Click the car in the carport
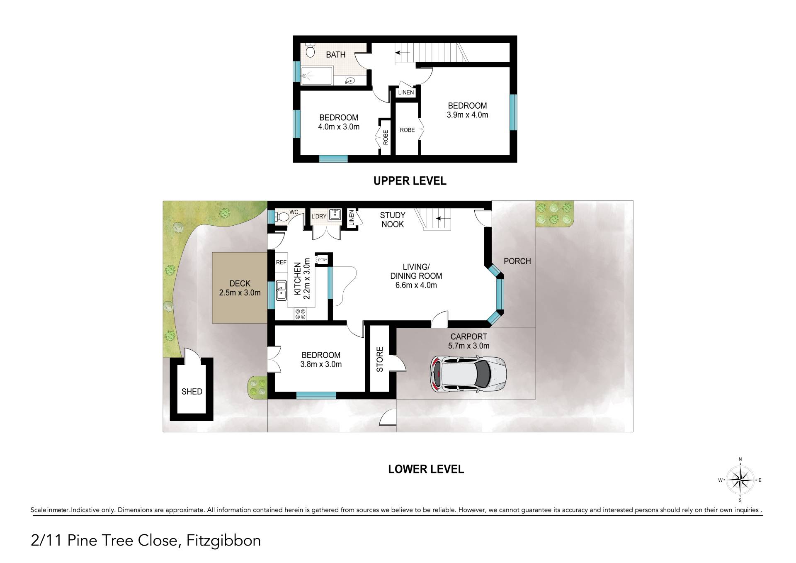pyautogui.click(x=468, y=375)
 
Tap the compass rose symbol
pyautogui.click(x=740, y=480)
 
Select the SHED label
pyautogui.click(x=192, y=392)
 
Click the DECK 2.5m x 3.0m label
pyautogui.click(x=240, y=288)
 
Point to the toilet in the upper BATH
pyautogui.click(x=310, y=50)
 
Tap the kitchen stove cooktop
pyautogui.click(x=300, y=314)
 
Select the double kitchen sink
pyautogui.click(x=281, y=290)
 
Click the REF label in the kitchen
pyautogui.click(x=281, y=262)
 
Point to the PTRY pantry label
pyautogui.click(x=323, y=260)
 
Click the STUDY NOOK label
pyautogui.click(x=393, y=219)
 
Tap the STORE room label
pyautogui.click(x=380, y=359)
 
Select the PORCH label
pyautogui.click(x=517, y=261)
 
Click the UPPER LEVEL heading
pyautogui.click(x=410, y=181)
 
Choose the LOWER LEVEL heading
pyautogui.click(x=426, y=469)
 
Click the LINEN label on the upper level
pyautogui.click(x=406, y=93)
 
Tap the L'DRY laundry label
pyautogui.click(x=319, y=216)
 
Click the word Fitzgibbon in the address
pyautogui.click(x=224, y=541)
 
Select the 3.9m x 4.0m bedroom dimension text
pyautogui.click(x=467, y=115)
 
